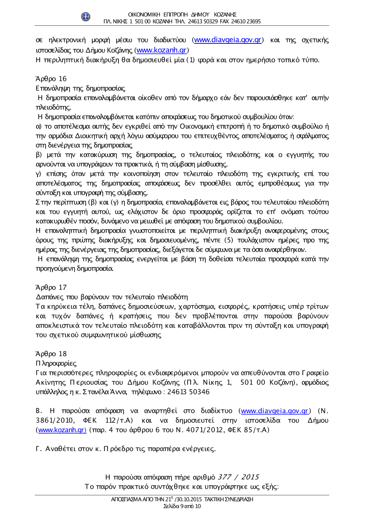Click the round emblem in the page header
click(x=85, y=17)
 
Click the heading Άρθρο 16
click(x=51, y=79)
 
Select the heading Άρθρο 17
click(x=51, y=288)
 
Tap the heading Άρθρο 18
click(x=51, y=354)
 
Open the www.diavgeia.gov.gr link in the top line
click(x=227, y=40)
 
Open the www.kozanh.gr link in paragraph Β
click(x=62, y=430)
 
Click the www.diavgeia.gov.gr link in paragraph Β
click(x=275, y=411)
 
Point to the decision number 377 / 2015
click(x=238, y=477)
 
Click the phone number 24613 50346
click(x=188, y=392)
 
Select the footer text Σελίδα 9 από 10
click(x=182, y=506)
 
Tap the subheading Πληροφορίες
click(x=56, y=363)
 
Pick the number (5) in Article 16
click(x=229, y=240)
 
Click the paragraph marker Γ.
click(x=39, y=449)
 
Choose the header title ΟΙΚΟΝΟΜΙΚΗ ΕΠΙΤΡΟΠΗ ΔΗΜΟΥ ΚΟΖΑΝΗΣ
click(x=182, y=15)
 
